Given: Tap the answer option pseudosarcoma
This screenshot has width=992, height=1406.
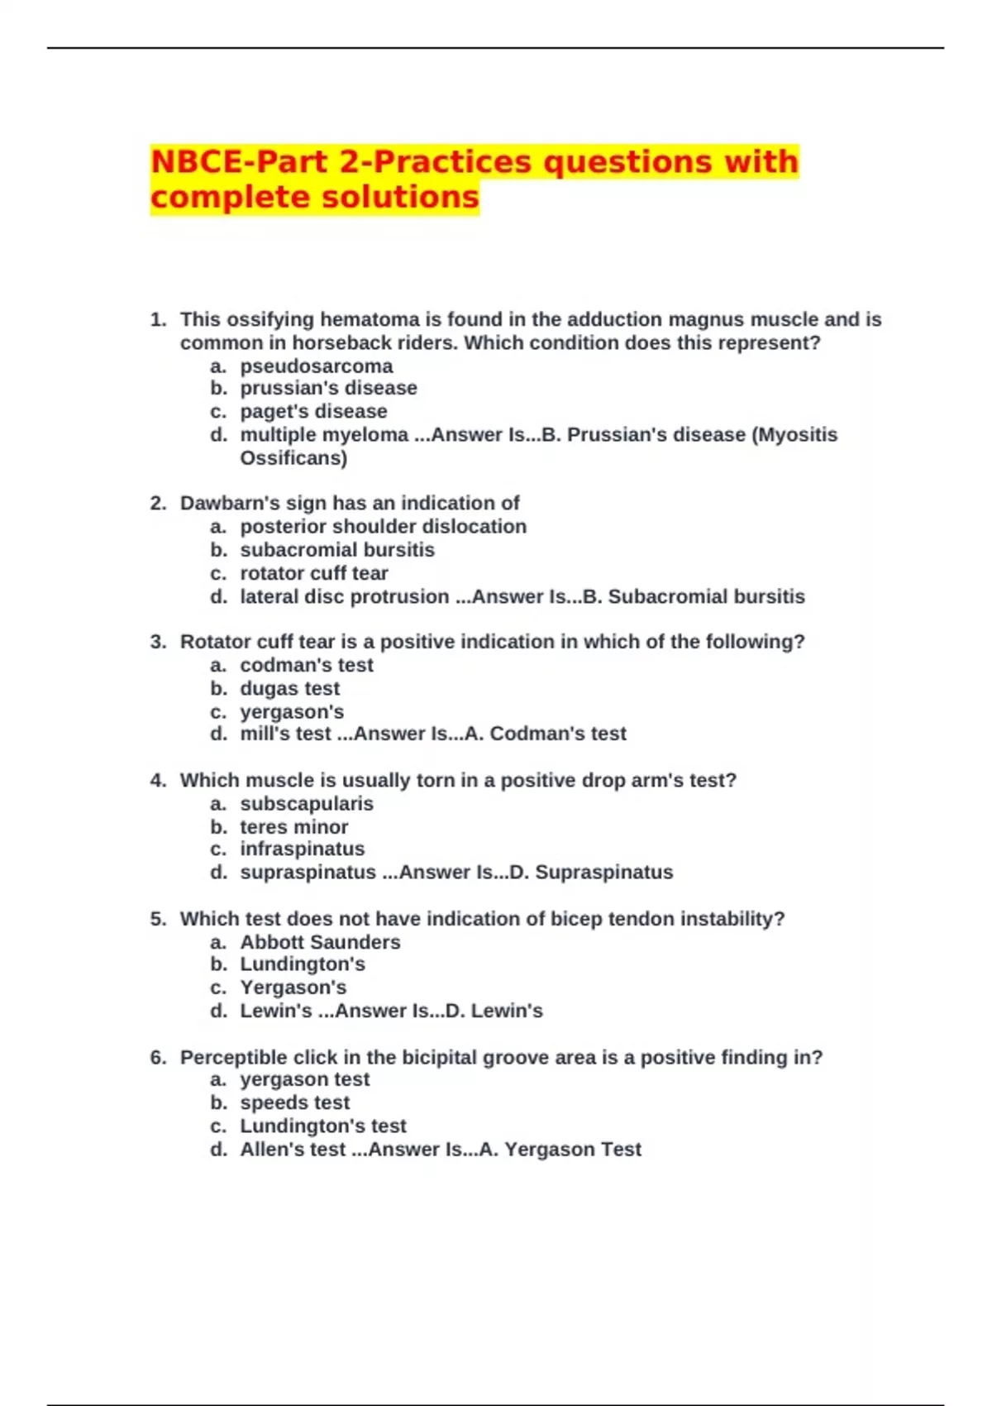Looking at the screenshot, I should [x=316, y=366].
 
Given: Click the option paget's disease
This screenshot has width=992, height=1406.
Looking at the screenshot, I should [x=313, y=411].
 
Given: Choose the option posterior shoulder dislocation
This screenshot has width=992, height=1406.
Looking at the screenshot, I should [x=383, y=526].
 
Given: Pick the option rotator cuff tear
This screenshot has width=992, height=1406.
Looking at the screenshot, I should [x=313, y=573].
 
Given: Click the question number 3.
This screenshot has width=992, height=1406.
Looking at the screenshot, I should [x=158, y=642].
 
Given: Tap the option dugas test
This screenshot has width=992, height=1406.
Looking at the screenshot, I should [x=289, y=688].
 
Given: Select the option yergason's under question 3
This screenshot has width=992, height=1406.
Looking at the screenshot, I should [x=292, y=711].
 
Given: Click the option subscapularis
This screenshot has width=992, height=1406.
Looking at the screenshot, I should [x=306, y=803].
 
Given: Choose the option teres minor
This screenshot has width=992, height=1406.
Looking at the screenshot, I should [x=293, y=826].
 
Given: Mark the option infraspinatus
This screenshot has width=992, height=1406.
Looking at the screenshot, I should [x=302, y=849].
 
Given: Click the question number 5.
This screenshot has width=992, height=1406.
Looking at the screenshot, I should [x=158, y=919].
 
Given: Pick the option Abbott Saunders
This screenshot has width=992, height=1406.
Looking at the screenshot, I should [x=320, y=942].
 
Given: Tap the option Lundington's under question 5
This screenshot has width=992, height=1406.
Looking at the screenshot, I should [x=302, y=964].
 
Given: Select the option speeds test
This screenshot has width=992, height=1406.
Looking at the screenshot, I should [x=294, y=1102].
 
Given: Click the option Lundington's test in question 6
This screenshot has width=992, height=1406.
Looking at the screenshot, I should [x=323, y=1126].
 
